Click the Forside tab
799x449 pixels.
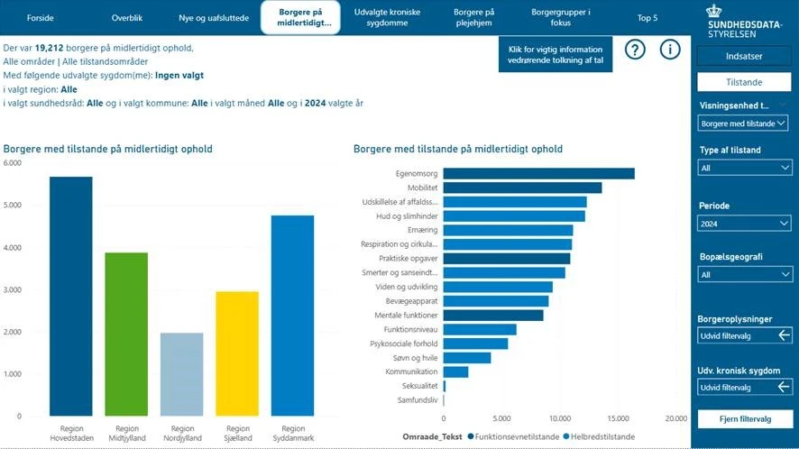point(40,18)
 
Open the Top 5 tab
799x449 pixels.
point(647,18)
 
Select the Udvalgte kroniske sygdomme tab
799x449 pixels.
point(388,18)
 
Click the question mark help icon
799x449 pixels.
point(635,50)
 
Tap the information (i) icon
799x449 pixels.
point(669,50)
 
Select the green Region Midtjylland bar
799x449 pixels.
point(126,334)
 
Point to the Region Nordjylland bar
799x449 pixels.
point(182,373)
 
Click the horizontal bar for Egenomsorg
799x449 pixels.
point(538,173)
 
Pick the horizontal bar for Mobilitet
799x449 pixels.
point(522,188)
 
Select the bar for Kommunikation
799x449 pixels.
point(455,371)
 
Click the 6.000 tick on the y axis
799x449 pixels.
point(12,163)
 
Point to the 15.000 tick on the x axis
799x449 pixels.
point(618,418)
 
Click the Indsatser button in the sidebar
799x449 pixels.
point(744,56)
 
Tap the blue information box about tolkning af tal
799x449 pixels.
point(555,53)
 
